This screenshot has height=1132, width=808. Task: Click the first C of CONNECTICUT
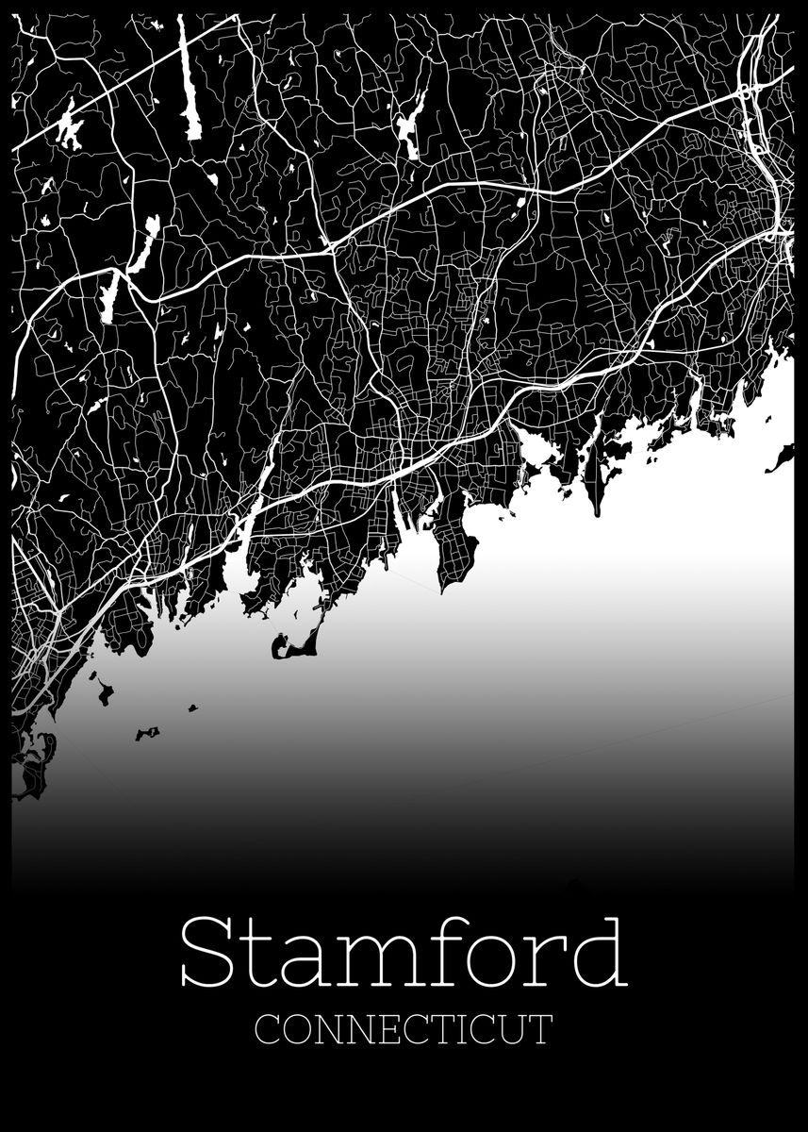click(268, 1028)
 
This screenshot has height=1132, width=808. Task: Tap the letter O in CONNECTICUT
click(296, 1028)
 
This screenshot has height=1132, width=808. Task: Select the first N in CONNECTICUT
click(326, 1028)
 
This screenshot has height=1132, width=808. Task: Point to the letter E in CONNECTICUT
click(385, 1028)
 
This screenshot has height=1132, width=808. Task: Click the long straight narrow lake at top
click(192, 80)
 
